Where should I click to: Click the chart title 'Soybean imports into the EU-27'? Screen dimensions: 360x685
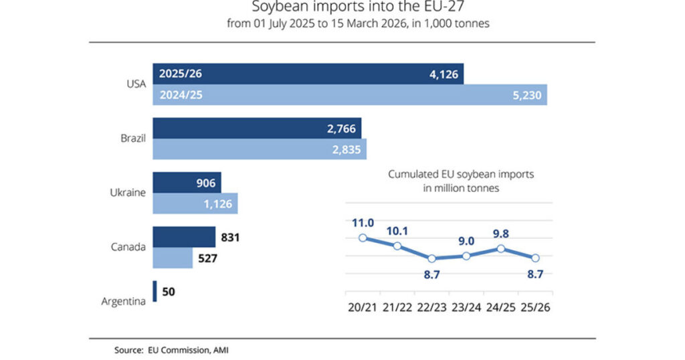(x=342, y=8)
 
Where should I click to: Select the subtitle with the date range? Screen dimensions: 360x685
(x=342, y=25)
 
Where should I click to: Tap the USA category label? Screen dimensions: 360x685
(x=136, y=84)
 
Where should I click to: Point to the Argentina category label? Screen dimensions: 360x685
(x=124, y=301)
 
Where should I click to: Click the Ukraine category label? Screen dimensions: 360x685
(x=128, y=193)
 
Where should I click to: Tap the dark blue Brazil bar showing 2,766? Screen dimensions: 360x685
(x=257, y=128)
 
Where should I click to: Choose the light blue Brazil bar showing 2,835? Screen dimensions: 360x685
(x=260, y=149)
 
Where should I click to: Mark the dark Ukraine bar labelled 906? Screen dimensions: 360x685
(x=187, y=182)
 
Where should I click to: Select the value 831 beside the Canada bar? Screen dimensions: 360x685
(x=229, y=237)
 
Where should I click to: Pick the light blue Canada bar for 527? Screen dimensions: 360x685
(x=173, y=258)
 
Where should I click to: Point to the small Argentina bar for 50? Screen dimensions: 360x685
(x=155, y=291)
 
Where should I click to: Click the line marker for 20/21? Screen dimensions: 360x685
(x=363, y=237)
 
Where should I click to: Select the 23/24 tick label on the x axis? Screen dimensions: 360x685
(x=466, y=308)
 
